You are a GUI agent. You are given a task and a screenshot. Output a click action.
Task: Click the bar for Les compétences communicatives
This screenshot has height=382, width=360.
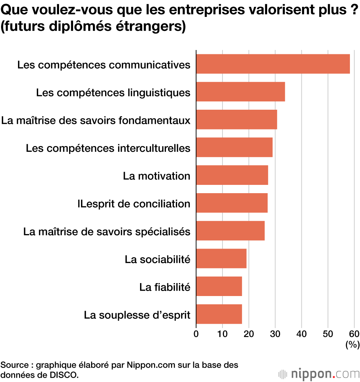pos(273,64)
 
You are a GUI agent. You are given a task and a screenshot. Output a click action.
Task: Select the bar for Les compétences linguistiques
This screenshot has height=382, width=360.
pos(240,92)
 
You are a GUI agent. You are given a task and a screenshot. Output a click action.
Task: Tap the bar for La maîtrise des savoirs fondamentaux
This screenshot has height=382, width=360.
pos(237,119)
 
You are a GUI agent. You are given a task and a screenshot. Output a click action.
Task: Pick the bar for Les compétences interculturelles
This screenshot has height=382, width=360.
pos(234,147)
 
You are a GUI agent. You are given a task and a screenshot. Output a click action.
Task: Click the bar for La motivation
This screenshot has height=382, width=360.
pos(232,175)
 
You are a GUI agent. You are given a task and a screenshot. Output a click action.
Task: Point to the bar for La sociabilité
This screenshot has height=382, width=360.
pos(221,258)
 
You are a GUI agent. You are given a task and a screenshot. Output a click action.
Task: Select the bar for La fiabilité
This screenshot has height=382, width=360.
pos(219,286)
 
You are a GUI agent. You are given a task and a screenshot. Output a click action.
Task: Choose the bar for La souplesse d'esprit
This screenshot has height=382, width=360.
pos(219,314)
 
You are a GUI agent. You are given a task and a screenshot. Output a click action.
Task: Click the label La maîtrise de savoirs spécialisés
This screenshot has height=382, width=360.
pos(107,232)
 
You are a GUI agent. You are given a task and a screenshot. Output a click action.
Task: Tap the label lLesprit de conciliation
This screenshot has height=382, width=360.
pos(134,204)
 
